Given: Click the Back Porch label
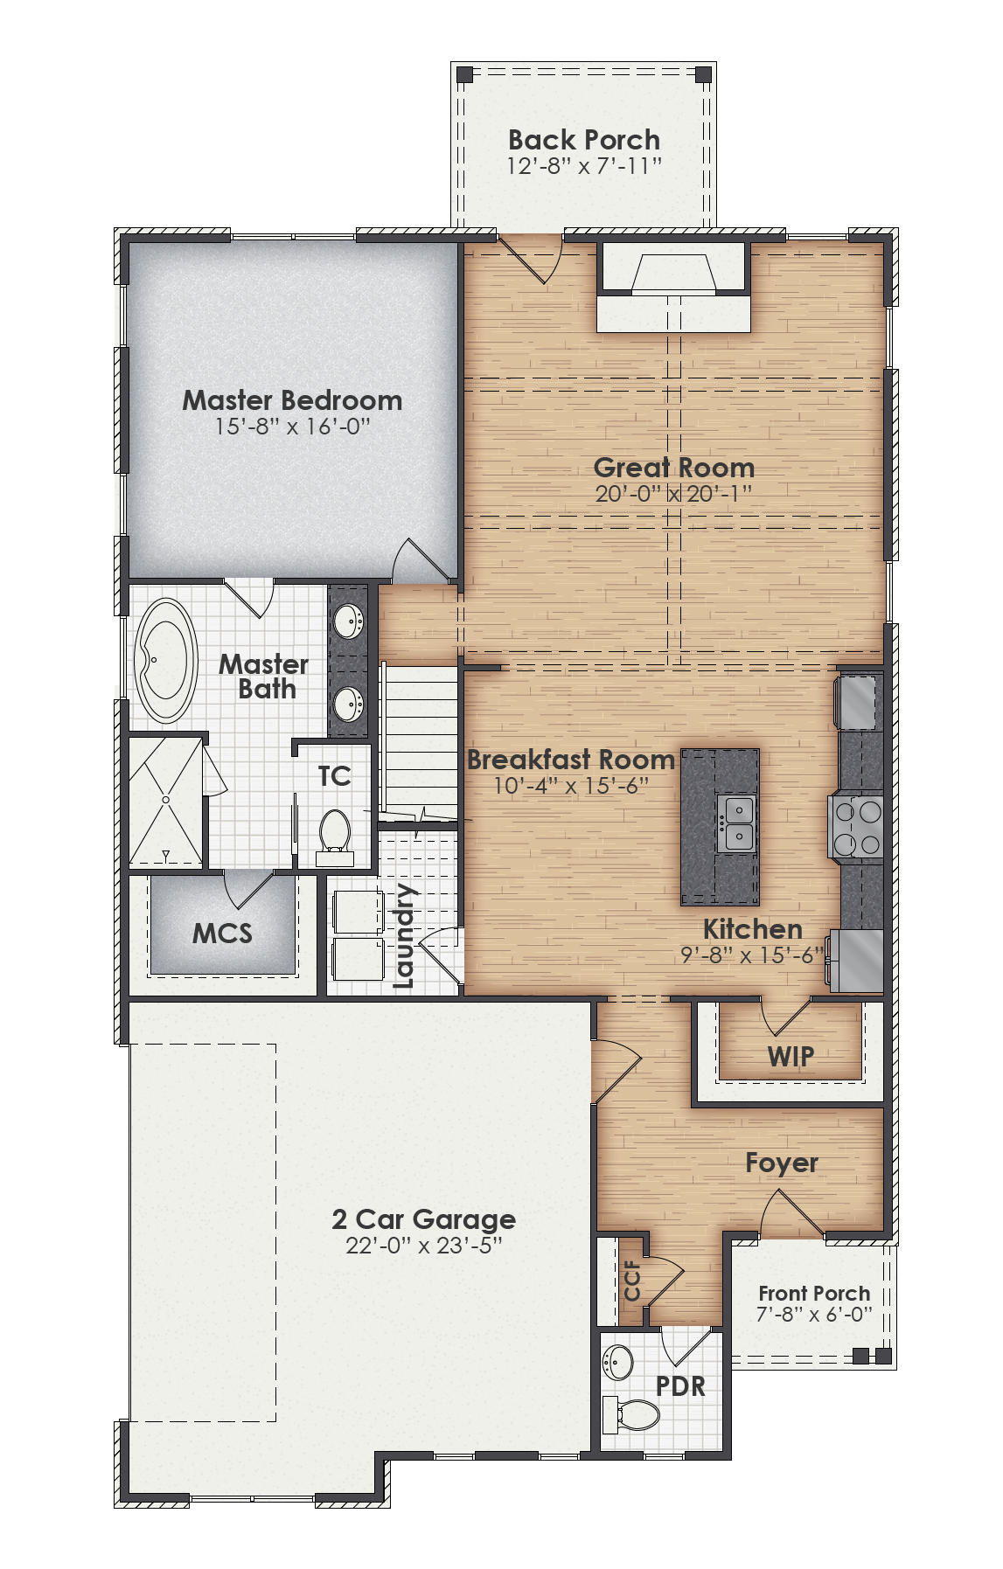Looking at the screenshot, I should (x=583, y=140).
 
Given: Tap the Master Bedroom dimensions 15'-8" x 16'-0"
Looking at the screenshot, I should (x=292, y=427).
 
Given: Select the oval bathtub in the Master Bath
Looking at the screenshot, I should (x=165, y=660).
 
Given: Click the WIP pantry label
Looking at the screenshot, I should (x=791, y=1056).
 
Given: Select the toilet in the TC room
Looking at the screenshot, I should (x=334, y=835).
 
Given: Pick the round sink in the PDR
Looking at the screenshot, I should (x=620, y=1361).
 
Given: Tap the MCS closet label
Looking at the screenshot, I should (x=222, y=934).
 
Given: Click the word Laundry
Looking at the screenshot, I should (x=404, y=935).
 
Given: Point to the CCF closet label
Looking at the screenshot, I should (x=632, y=1280).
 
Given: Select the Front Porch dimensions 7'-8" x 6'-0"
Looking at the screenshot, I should (x=813, y=1315).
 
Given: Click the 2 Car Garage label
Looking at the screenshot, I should (x=423, y=1218).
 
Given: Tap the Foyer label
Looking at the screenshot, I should (x=781, y=1163).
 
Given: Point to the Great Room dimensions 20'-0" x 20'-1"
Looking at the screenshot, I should (x=673, y=494).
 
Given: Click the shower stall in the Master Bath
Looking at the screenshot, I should (x=166, y=802).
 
